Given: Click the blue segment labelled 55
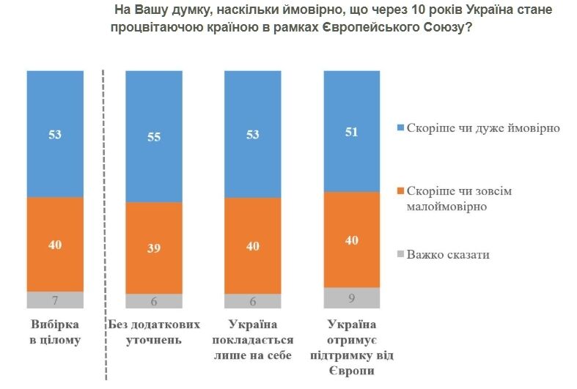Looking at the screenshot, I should click(x=153, y=136).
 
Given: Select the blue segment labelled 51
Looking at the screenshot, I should click(x=352, y=131).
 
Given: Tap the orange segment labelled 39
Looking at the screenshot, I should click(x=153, y=248).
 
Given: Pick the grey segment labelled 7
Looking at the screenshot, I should click(x=54, y=300).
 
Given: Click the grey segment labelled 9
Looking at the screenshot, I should click(x=352, y=298).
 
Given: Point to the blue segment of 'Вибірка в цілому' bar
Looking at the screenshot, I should click(x=54, y=134).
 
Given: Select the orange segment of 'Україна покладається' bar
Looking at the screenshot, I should click(x=252, y=246).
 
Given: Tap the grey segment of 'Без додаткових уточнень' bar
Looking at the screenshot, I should click(x=153, y=301).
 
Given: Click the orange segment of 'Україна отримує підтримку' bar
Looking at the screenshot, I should click(x=352, y=240).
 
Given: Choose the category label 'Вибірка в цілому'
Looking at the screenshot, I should click(x=55, y=332).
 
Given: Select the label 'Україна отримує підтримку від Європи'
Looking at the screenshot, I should click(x=352, y=347).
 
